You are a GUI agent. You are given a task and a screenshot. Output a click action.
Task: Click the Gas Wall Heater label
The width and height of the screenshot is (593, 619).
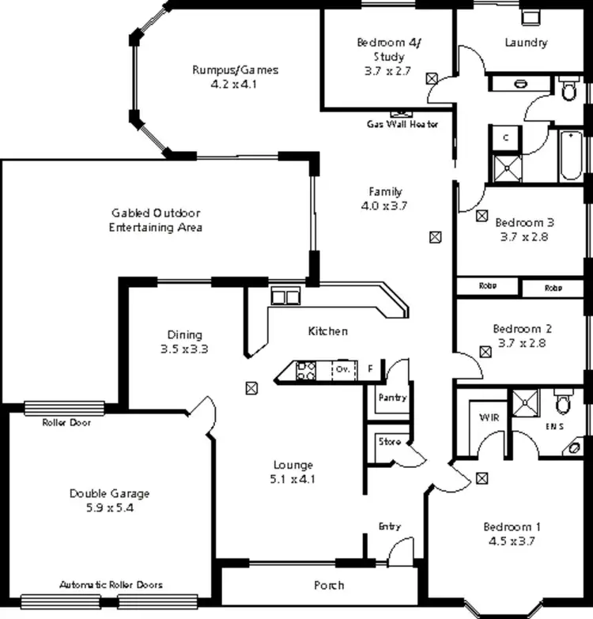pyautogui.click(x=402, y=124)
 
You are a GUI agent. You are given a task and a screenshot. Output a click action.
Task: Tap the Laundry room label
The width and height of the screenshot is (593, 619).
pyautogui.click(x=526, y=43)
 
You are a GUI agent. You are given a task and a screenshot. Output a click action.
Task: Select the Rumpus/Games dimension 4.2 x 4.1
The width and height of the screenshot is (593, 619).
pyautogui.click(x=235, y=84)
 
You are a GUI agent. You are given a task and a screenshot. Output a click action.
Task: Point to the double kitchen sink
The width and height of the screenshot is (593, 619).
pyautogui.click(x=285, y=296)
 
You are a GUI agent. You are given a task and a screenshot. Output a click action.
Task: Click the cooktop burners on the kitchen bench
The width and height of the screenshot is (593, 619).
pyautogui.click(x=306, y=370)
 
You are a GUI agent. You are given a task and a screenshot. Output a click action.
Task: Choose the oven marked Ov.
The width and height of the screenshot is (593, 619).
pyautogui.click(x=342, y=370)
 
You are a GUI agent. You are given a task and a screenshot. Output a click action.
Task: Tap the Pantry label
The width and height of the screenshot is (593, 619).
pyautogui.click(x=392, y=397)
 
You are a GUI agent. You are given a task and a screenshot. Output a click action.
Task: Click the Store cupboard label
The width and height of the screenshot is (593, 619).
pyautogui.click(x=389, y=442)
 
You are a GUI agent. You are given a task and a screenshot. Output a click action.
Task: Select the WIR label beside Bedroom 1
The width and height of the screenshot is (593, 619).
pyautogui.click(x=488, y=417)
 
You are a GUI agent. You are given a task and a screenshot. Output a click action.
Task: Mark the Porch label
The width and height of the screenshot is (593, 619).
pyautogui.click(x=329, y=585)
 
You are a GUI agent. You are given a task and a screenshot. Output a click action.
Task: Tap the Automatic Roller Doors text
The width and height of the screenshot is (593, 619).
pyautogui.click(x=111, y=585)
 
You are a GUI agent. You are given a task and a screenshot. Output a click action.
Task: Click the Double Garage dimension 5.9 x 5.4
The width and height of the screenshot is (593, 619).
pyautogui.click(x=109, y=508)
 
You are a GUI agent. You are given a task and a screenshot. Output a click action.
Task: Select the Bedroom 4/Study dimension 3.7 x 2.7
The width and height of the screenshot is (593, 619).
pyautogui.click(x=387, y=70)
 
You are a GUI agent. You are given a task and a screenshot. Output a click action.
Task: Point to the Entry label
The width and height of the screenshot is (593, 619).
pyautogui.click(x=390, y=527)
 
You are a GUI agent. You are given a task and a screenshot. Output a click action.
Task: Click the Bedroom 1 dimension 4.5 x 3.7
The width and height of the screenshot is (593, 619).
pyautogui.click(x=512, y=542)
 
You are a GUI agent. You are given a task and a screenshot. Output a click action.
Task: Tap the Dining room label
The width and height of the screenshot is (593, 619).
pyautogui.click(x=184, y=334)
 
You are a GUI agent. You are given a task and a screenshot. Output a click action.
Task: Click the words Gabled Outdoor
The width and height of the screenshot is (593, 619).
pyautogui.click(x=155, y=213)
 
